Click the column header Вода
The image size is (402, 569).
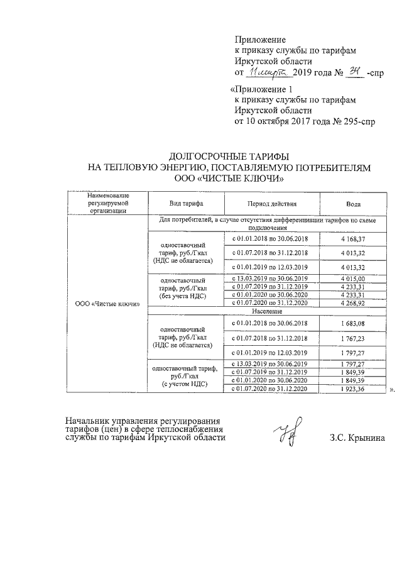[x=353, y=204]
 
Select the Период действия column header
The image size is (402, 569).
[x=272, y=204]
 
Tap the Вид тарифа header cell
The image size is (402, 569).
[x=185, y=204]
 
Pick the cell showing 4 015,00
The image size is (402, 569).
[x=353, y=279]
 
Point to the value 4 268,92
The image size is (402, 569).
[x=353, y=303]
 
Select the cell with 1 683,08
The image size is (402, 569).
[x=353, y=323]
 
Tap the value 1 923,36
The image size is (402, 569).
[x=353, y=389]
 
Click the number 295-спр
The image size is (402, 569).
[x=353, y=121]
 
